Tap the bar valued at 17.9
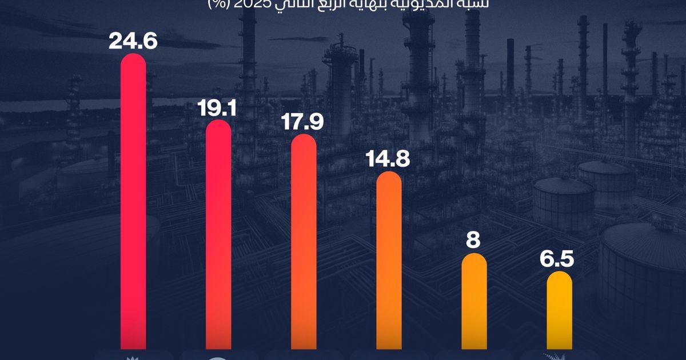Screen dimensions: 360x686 pos(304,243)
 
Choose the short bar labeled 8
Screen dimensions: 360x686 pos(474,300)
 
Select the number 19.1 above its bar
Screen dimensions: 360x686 pos(218,107)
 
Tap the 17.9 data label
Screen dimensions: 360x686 pos(303,122)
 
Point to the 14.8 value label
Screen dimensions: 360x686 pos(389,158)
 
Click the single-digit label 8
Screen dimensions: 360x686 pos(473,241)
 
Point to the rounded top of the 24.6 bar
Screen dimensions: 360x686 pos(134,61)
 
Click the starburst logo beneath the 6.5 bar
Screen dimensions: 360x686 pos(557,356)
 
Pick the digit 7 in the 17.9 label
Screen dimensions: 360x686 pos(296,122)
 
